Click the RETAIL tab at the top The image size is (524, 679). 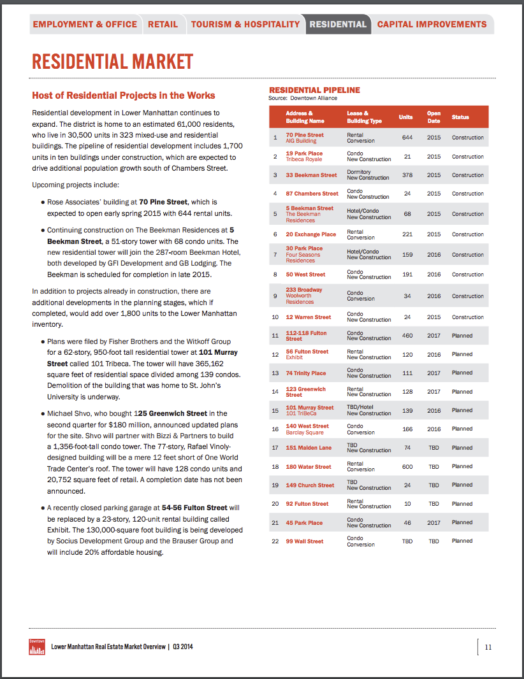163,24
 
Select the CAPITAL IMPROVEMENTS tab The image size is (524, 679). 432,24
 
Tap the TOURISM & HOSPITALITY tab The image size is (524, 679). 245,24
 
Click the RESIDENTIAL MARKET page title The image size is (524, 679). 112,62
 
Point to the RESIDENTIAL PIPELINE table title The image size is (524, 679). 314,90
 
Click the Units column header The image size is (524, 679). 405,117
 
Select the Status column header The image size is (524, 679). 460,117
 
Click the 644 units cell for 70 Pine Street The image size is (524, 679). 407,138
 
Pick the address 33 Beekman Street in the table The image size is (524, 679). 311,175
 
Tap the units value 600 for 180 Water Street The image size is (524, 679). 407,467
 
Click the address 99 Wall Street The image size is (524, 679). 304,541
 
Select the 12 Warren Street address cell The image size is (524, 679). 308,317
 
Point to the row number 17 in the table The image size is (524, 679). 275,448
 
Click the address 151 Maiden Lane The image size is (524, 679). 309,448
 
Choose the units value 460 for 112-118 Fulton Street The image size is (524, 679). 407,336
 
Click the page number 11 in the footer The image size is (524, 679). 488,647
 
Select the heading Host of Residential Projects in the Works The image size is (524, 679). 124,96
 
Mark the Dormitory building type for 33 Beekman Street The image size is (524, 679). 359,172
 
